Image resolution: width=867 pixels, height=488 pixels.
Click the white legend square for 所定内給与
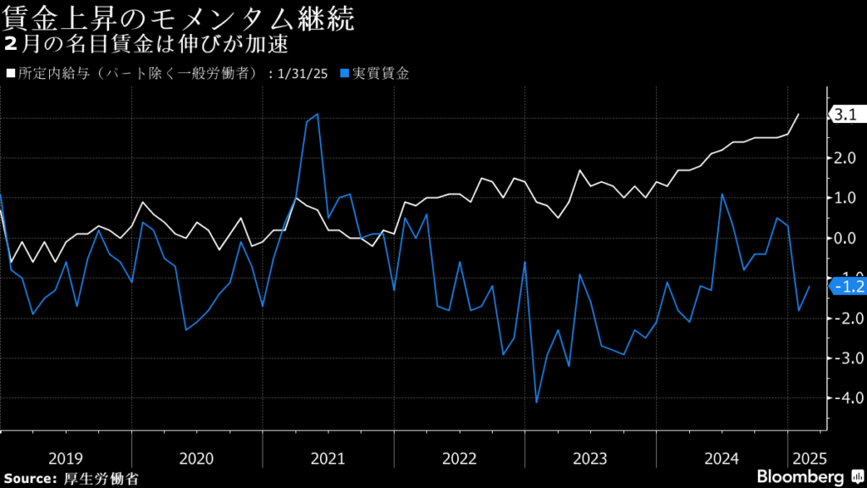point(10,74)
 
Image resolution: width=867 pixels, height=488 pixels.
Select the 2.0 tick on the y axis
point(847,158)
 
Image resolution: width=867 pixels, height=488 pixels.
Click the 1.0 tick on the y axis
point(847,197)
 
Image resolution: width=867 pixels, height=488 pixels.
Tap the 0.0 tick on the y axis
point(847,238)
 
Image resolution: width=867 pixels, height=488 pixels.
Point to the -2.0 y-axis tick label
point(847,318)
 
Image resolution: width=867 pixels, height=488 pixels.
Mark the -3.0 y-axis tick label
point(847,358)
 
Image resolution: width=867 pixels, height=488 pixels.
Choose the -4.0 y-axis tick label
point(847,397)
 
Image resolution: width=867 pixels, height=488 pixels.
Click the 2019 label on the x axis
point(65,458)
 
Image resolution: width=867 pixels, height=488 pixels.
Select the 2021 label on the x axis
point(328,458)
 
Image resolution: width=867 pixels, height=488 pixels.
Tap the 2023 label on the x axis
point(590,458)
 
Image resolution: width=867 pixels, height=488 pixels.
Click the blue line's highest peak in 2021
point(318,114)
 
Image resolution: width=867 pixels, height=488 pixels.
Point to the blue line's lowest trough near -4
point(536,402)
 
